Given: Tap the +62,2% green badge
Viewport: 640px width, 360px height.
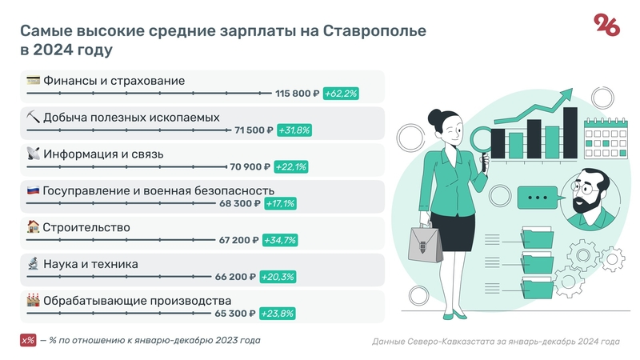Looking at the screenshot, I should [x=341, y=94].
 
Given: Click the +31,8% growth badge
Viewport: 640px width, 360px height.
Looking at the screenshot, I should [x=294, y=130].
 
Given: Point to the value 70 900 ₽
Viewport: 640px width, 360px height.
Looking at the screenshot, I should [x=251, y=167].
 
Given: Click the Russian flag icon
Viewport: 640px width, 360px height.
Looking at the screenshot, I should [x=34, y=190].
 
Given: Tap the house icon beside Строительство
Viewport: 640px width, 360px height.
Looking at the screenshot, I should [x=34, y=227].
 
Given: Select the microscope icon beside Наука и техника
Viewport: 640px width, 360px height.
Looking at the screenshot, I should [x=34, y=264].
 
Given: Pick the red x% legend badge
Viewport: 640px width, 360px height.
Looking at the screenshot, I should [x=29, y=341].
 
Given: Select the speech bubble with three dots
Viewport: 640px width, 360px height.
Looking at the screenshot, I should [x=537, y=197].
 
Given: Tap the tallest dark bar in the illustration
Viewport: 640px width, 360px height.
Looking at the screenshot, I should [x=570, y=132].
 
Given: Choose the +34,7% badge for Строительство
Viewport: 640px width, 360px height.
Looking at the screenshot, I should [x=278, y=241].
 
